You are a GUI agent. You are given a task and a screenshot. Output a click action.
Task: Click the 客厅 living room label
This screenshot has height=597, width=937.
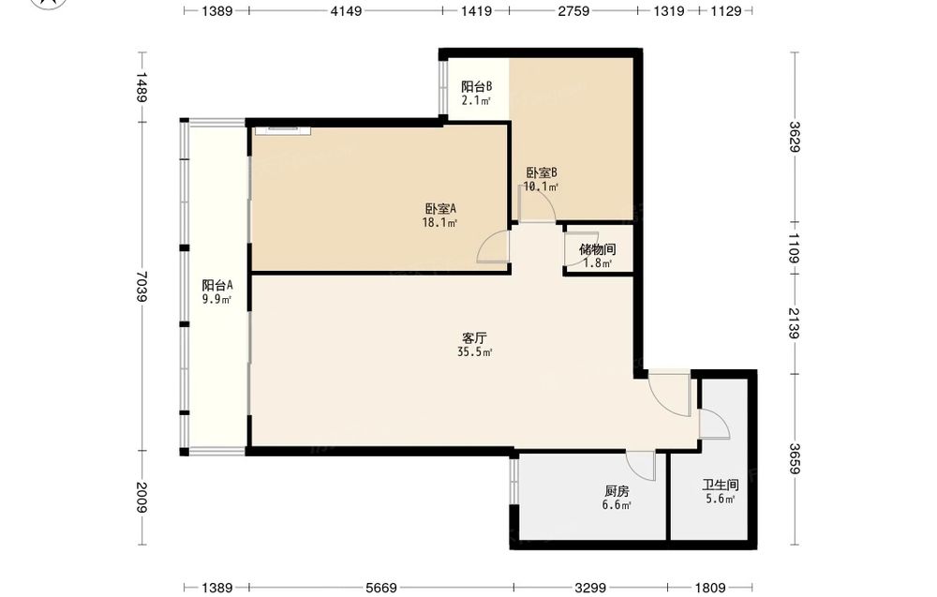pos(474,338)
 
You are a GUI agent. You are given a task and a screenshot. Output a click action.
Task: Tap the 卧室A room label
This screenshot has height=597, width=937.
pos(440,209)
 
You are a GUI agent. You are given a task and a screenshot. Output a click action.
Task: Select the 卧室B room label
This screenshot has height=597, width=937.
pos(542,173)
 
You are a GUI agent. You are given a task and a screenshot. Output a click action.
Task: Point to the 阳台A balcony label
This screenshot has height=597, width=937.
pos(217,286)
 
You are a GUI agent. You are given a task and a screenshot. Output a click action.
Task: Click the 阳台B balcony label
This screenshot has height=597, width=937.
pos(476,87)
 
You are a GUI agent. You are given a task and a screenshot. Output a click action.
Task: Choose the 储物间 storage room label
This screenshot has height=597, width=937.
pos(597,250)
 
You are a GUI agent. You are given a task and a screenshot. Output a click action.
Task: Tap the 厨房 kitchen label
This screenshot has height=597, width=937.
pos(617,492)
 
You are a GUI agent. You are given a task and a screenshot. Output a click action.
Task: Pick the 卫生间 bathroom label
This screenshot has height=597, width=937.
pos(720,485)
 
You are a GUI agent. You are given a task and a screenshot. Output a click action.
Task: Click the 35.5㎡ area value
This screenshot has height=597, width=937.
pos(474,352)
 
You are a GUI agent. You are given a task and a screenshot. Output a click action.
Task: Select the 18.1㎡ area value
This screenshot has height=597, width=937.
pos(439,223)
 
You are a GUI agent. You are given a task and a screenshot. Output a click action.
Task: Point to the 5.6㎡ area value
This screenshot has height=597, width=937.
pos(720,499)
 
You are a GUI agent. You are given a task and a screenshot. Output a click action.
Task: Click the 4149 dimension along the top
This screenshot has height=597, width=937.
pos(346,10)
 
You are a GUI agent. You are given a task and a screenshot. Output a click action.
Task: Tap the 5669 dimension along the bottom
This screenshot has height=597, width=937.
pos(381,588)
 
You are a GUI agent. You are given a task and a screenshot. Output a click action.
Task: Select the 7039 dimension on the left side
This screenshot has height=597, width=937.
pos(141,286)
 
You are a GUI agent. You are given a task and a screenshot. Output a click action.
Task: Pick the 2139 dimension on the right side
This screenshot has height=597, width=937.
pos(794,322)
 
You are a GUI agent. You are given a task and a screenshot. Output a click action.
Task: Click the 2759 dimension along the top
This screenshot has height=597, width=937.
pos(573,10)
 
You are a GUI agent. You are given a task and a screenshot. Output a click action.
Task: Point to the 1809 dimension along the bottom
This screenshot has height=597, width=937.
pos(710,588)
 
